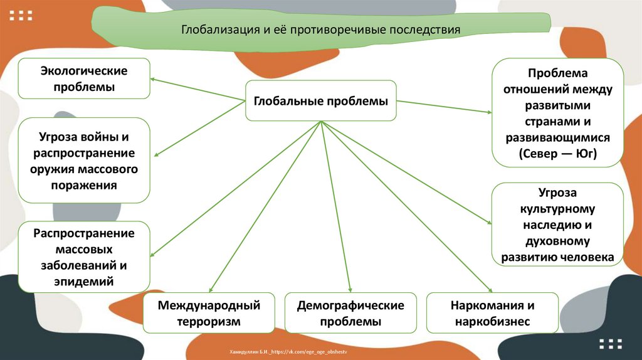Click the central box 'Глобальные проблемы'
coord(320,101)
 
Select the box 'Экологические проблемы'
coord(83,78)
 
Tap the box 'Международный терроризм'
coord(209,313)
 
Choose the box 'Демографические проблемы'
coord(350,313)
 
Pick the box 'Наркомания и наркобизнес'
coord(492,313)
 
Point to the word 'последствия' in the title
coord(425,29)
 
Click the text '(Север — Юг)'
coord(557,154)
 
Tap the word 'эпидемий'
coord(83,282)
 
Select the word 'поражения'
coord(83,186)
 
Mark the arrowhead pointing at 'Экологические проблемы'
coord(153,79)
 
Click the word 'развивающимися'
coord(557,137)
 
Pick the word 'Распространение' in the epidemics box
coord(84,233)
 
